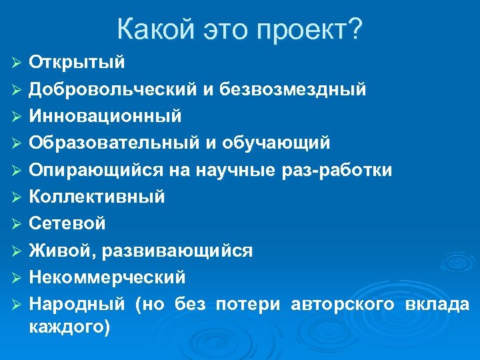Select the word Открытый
(77, 62)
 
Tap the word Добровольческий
(111, 89)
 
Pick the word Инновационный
(105, 116)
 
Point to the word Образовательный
(114, 143)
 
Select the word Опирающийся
(96, 170)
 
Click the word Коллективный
(97, 197)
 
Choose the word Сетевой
(67, 223)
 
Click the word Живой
(61, 251)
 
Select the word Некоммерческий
(107, 277)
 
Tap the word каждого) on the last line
(69, 327)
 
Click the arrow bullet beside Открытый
(17, 63)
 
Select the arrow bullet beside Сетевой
(17, 224)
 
